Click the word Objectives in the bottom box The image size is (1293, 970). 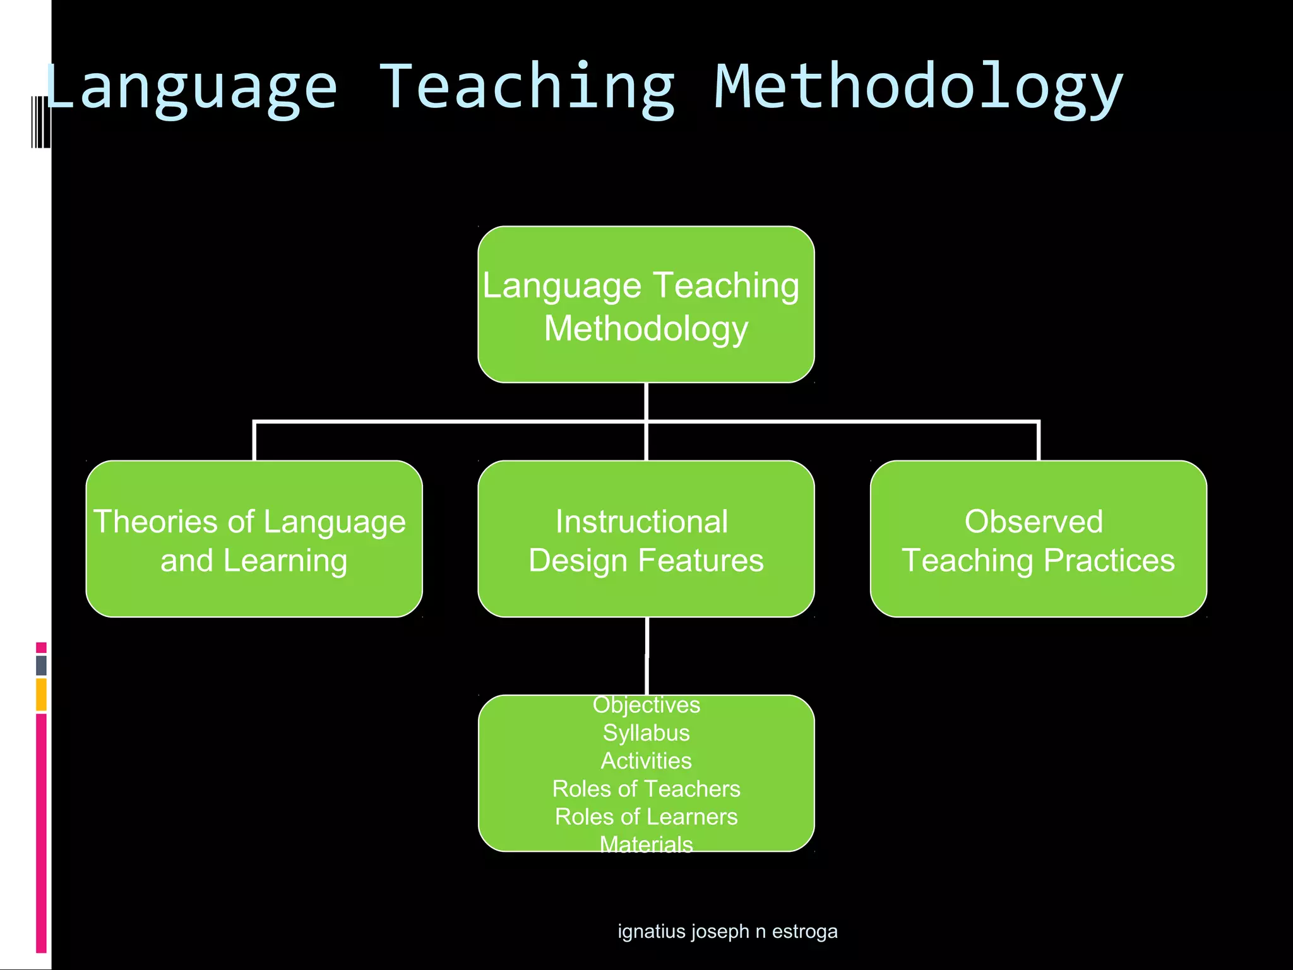tap(646, 705)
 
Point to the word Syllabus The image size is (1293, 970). tap(646, 733)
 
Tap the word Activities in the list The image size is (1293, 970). tap(646, 761)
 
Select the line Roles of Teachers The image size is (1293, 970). tap(646, 789)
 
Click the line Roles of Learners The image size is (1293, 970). tap(646, 817)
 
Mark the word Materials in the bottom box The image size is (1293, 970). tap(646, 844)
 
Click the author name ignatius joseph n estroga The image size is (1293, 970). tap(727, 931)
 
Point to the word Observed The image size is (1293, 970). tap(1034, 522)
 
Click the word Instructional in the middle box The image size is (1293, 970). tap(641, 522)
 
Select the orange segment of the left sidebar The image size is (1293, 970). tap(41, 694)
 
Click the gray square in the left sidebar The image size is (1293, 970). tap(41, 665)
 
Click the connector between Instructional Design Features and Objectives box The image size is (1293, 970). tap(646, 656)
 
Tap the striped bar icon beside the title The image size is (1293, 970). tap(40, 122)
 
